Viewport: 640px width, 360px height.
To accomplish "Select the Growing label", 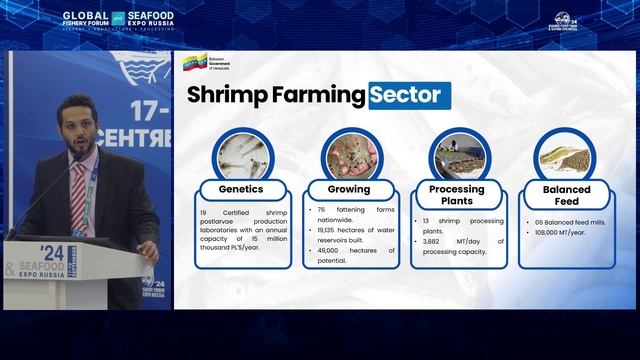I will click(349, 188).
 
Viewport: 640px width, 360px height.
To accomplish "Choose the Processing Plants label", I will click(457, 194).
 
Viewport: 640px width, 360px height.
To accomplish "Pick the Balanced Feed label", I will click(567, 194).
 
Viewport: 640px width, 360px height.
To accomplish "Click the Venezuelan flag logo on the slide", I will click(194, 65).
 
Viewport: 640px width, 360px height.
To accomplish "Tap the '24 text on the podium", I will click(52, 252).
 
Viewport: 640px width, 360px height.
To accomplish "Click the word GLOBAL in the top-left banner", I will click(84, 16).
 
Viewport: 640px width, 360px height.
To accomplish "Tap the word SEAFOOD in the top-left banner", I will click(154, 16).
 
